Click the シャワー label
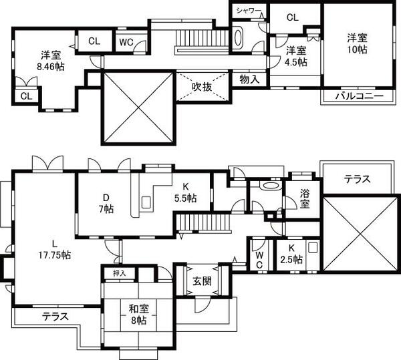tap(249, 10)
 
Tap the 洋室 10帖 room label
tap(357, 43)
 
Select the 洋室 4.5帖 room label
tap(296, 56)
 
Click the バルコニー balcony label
tap(359, 97)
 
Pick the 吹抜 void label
tap(203, 86)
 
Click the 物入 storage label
tap(249, 79)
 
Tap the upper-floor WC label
tap(127, 41)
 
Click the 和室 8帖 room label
tap(138, 315)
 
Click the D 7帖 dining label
tap(106, 202)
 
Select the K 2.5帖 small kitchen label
tap(291, 254)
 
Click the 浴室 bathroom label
tap(305, 199)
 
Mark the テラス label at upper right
tap(358, 179)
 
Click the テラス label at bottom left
tap(55, 317)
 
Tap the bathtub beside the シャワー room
tap(240, 36)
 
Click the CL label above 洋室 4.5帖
tap(292, 18)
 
